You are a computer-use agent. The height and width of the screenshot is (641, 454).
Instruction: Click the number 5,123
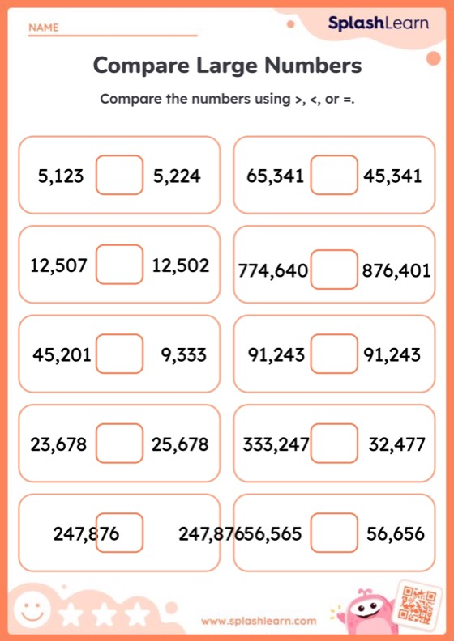(61, 176)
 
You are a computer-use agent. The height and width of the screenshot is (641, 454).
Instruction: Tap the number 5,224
(177, 176)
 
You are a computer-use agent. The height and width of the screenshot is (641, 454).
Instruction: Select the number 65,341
(275, 176)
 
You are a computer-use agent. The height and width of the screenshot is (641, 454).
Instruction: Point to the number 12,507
(58, 265)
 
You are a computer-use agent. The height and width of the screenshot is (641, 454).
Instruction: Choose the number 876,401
(396, 271)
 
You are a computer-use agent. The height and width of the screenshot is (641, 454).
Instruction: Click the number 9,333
(184, 354)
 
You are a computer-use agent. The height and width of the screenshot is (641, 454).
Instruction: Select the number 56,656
(396, 533)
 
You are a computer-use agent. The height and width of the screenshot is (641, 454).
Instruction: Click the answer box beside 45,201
(119, 354)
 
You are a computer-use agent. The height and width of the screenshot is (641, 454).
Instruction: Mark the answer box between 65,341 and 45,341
(334, 176)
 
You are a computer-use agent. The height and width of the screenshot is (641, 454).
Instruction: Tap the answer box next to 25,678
(119, 444)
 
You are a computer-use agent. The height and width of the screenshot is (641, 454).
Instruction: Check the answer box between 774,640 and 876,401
(334, 270)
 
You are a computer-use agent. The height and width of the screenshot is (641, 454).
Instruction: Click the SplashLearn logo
(378, 23)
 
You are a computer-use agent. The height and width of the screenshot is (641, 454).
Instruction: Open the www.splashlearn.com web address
(259, 622)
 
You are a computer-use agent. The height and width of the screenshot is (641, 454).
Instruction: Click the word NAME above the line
(44, 28)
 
